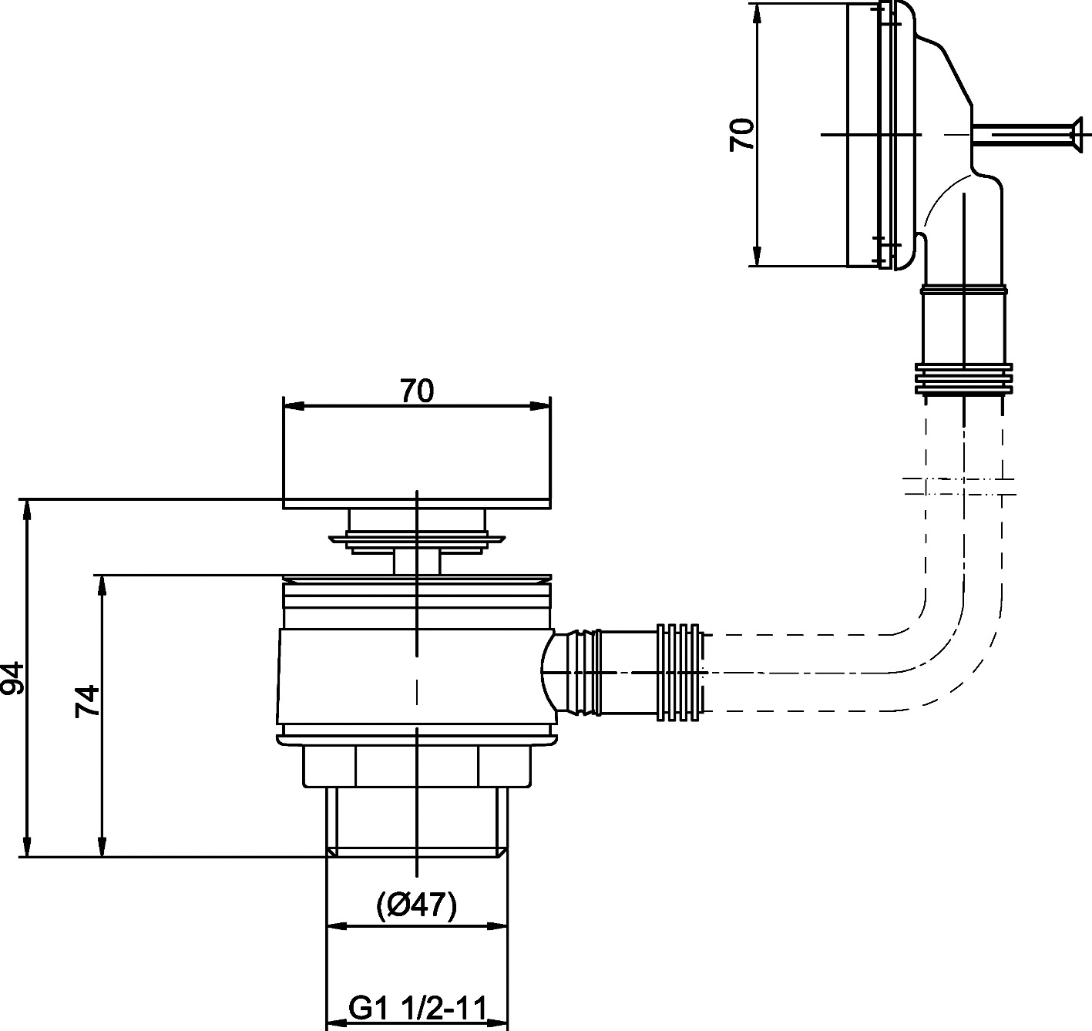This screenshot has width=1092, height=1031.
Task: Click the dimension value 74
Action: (x=89, y=700)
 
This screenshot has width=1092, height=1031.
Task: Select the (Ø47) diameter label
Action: (x=417, y=904)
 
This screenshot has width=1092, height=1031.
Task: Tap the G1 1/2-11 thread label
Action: (x=417, y=1008)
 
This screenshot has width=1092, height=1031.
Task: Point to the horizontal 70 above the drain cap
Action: (x=417, y=391)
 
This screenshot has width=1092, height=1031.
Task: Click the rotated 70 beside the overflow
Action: (x=742, y=134)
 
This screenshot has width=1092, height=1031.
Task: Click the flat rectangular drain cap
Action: (x=417, y=455)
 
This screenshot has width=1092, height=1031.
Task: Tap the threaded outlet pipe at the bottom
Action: (x=417, y=821)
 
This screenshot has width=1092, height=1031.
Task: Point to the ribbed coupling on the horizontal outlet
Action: (x=680, y=672)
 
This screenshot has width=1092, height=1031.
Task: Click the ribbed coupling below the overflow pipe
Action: (x=963, y=378)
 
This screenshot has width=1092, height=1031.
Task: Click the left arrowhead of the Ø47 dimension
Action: (x=336, y=926)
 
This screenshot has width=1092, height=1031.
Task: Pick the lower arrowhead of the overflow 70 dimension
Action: (x=759, y=257)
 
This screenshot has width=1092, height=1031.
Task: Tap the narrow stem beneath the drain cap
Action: (x=417, y=561)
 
